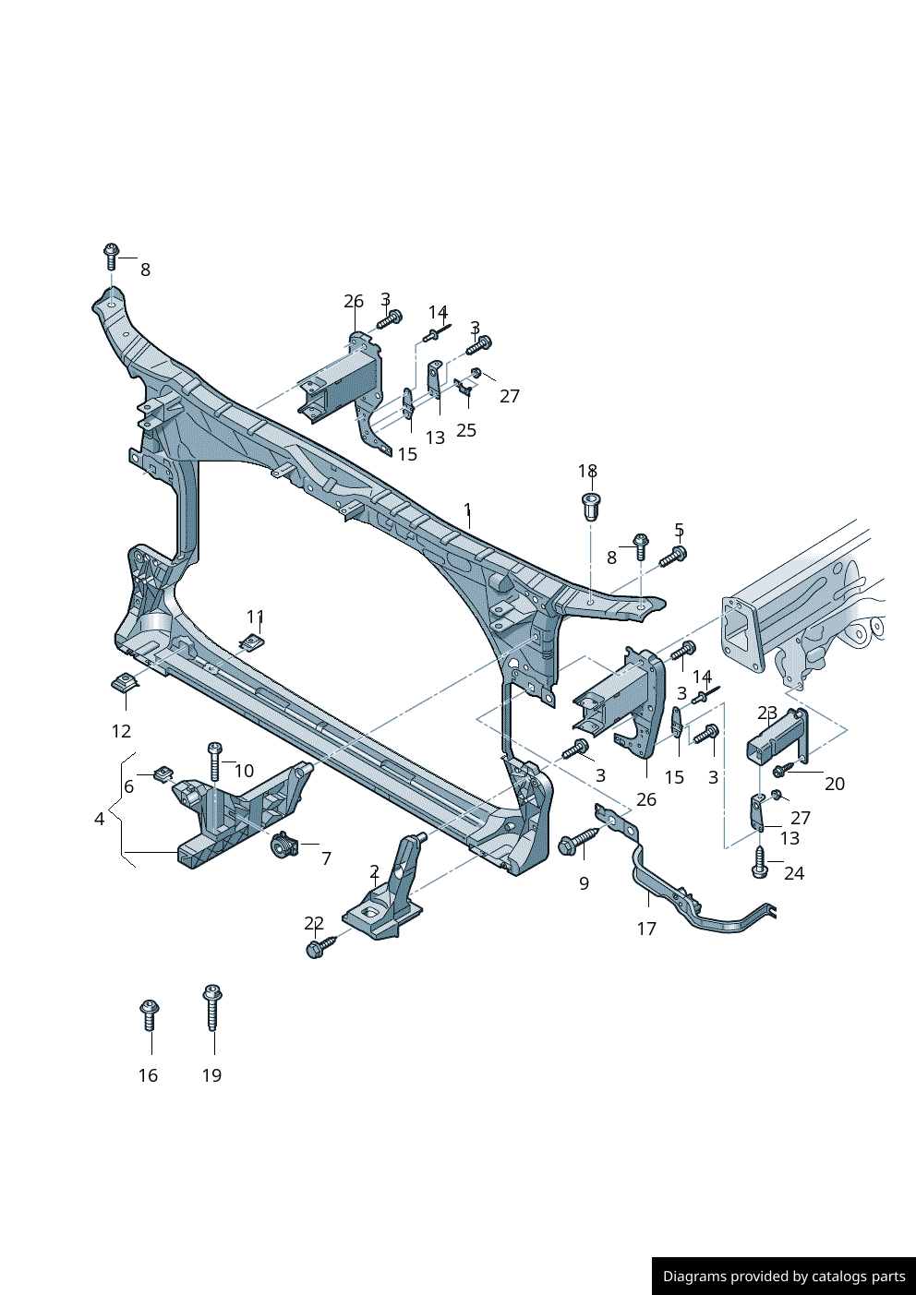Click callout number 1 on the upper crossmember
click(467, 510)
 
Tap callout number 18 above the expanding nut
click(587, 472)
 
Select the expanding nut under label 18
click(590, 506)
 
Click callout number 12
click(121, 731)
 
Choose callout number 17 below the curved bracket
click(646, 929)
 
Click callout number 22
click(314, 923)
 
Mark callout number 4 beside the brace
click(99, 819)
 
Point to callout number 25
click(466, 430)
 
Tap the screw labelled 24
click(760, 863)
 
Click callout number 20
click(834, 784)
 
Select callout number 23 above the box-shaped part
click(767, 713)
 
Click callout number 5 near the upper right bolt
click(679, 530)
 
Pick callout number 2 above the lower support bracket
click(374, 871)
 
